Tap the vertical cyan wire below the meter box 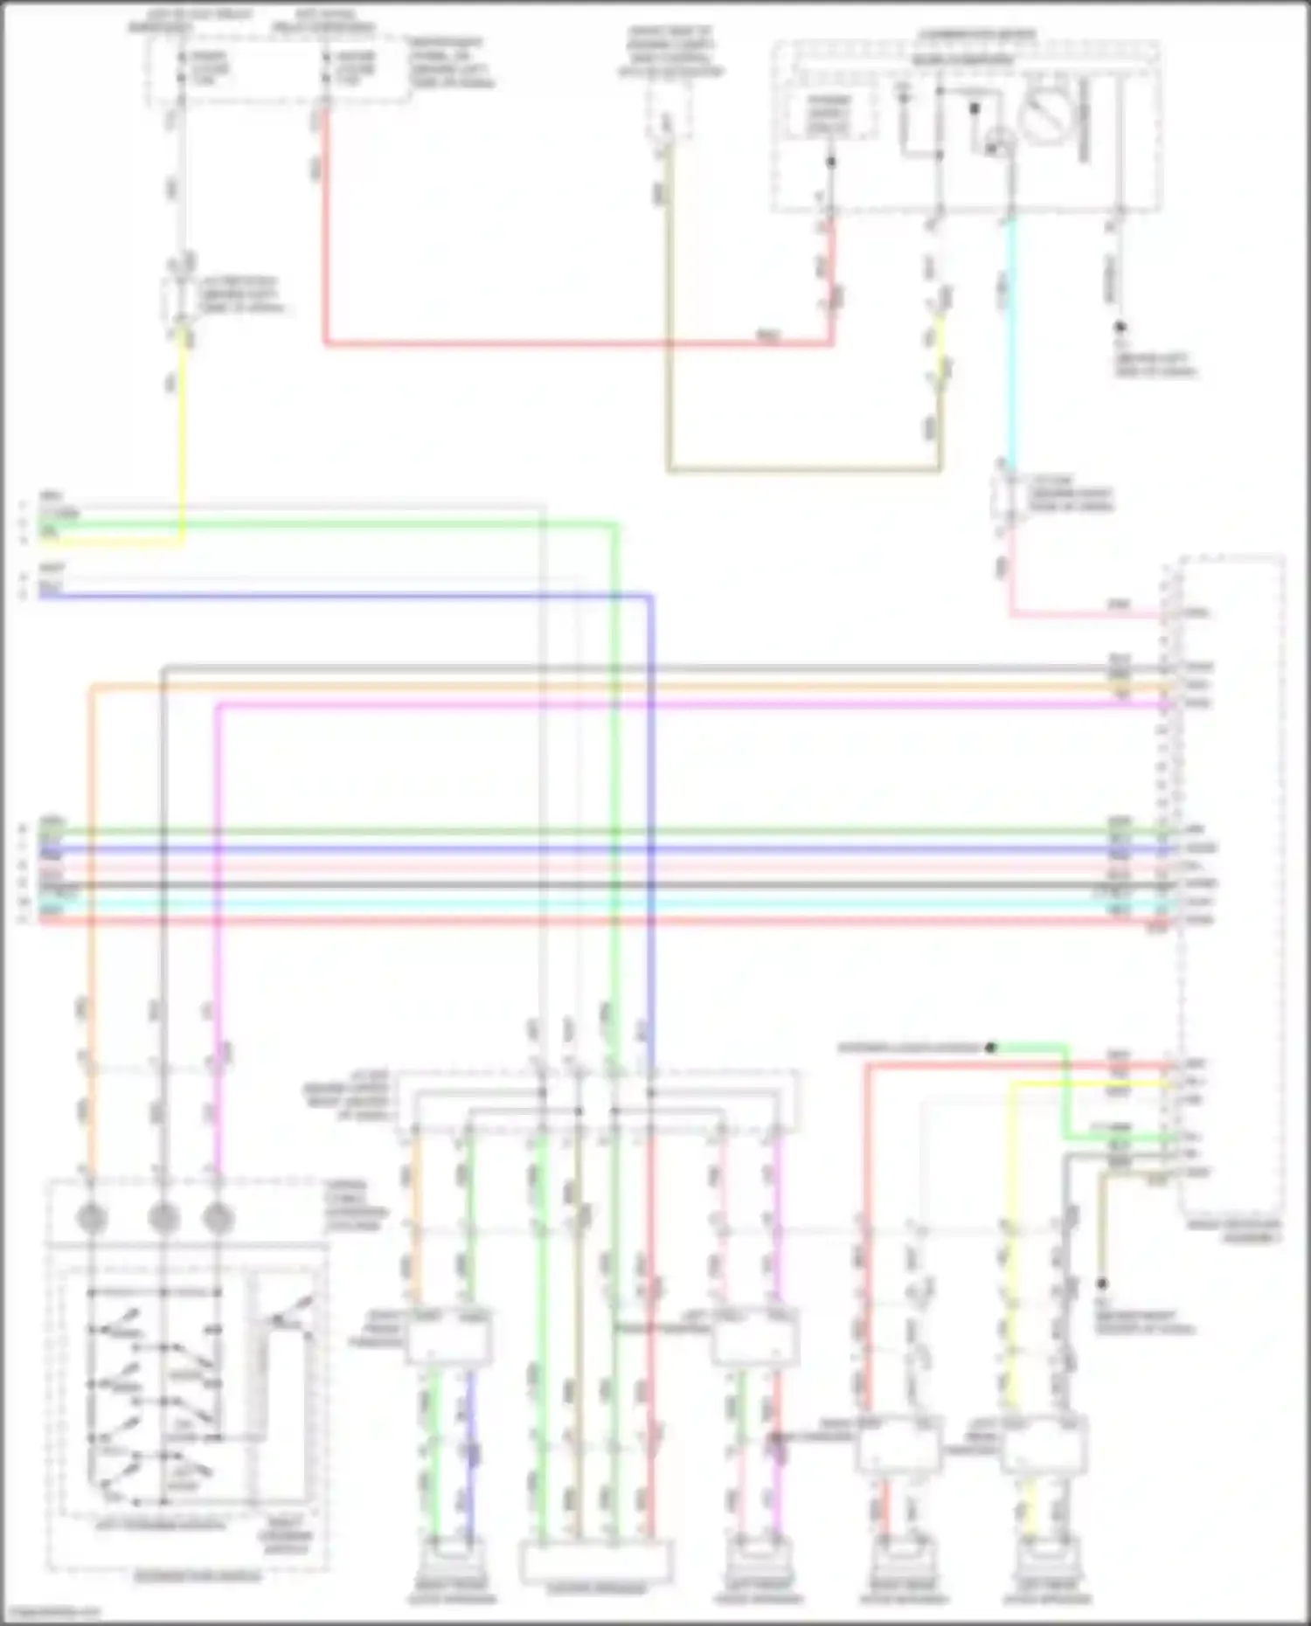(x=1011, y=349)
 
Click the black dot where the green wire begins (x=990, y=1047)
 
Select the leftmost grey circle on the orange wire (x=92, y=1217)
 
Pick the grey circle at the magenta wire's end (x=218, y=1217)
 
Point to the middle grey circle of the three (x=163, y=1217)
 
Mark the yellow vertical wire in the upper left (x=183, y=437)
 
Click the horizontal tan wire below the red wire (x=804, y=470)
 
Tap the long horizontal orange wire (x=612, y=687)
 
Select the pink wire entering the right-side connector (x=1092, y=615)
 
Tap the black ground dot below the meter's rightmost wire (x=1120, y=327)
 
